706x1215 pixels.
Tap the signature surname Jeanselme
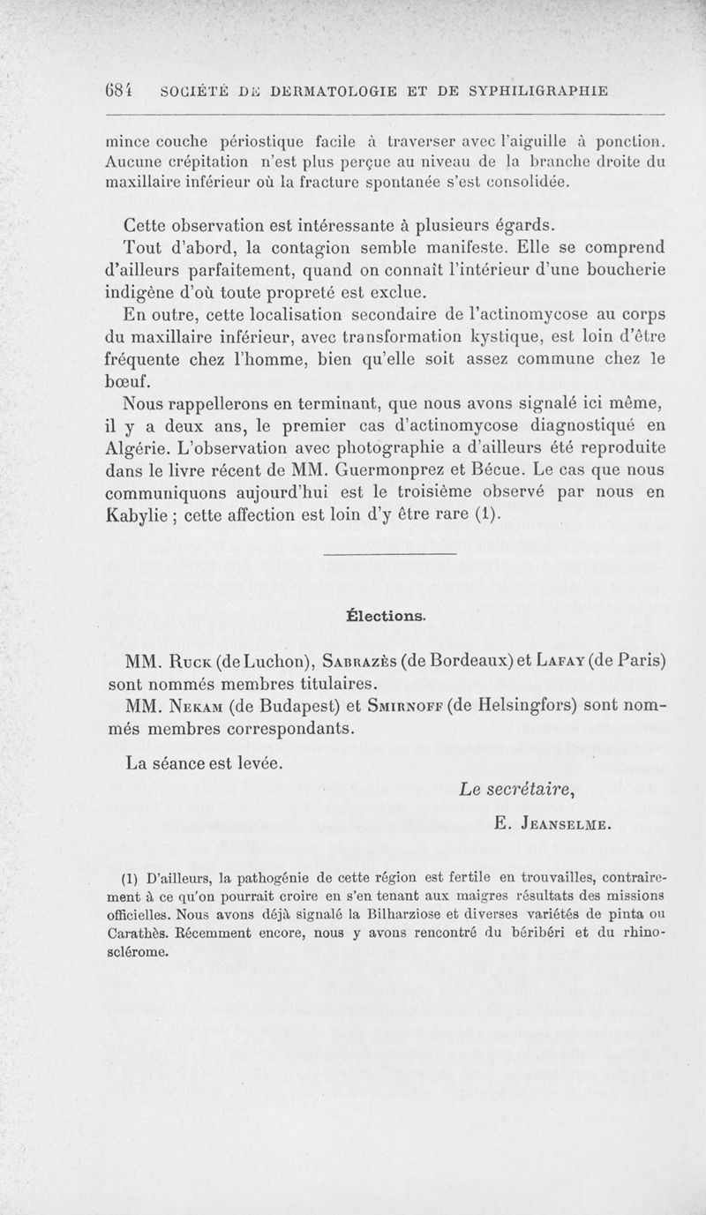pos(567,827)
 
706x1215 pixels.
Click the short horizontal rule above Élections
pos(392,554)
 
